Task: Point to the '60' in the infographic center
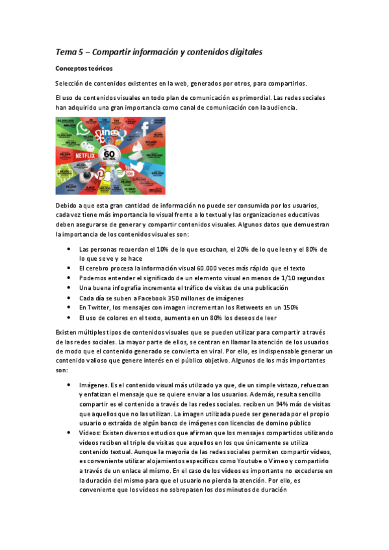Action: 109,154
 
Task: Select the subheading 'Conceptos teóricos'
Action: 84,67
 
